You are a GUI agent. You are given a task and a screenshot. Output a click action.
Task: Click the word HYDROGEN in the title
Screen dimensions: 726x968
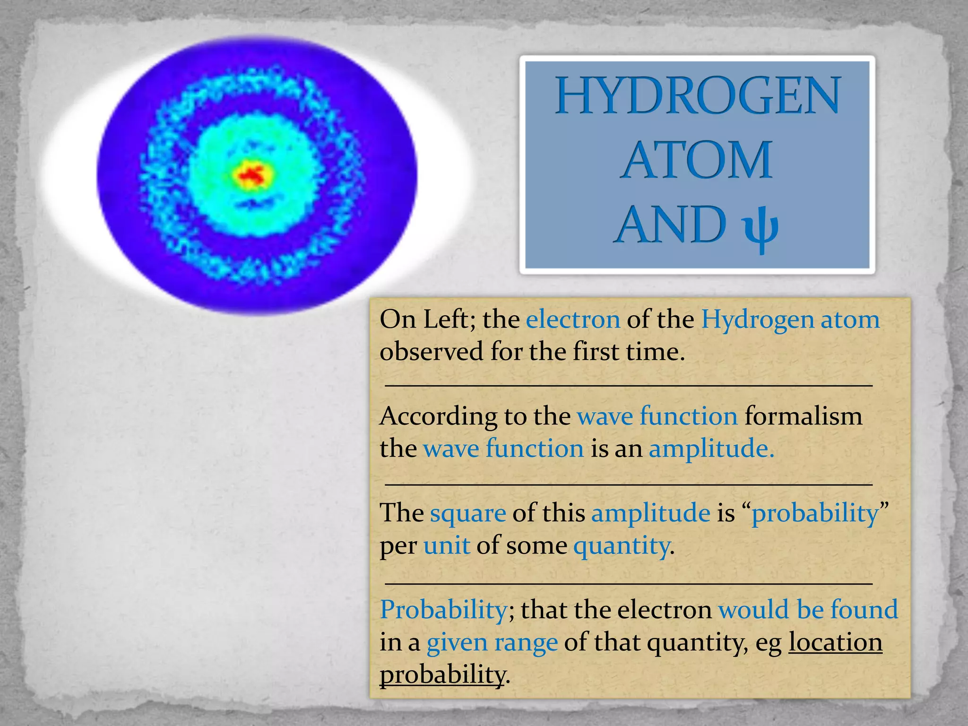pyautogui.click(x=697, y=96)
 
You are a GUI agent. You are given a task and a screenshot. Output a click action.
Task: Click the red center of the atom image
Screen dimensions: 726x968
pyautogui.click(x=253, y=175)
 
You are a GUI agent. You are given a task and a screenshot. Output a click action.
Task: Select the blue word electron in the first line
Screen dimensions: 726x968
pyautogui.click(x=573, y=320)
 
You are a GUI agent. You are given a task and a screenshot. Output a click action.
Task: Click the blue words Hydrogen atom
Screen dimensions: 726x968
pyautogui.click(x=790, y=320)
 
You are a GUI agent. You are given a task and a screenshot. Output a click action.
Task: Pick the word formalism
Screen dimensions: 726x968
pyautogui.click(x=804, y=417)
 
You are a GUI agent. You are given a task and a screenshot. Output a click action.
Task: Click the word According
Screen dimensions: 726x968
pyautogui.click(x=438, y=417)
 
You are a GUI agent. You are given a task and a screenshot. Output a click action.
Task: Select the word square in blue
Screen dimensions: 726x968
pyautogui.click(x=467, y=513)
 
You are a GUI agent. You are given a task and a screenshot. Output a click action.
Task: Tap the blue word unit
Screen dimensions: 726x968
pyautogui.click(x=447, y=546)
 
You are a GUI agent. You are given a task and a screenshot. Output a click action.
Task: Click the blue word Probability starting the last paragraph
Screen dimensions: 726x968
pyautogui.click(x=444, y=610)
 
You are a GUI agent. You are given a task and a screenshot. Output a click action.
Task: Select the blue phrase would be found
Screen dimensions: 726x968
pyautogui.click(x=808, y=610)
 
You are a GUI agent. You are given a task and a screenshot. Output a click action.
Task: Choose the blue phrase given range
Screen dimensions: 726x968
pyautogui.click(x=492, y=643)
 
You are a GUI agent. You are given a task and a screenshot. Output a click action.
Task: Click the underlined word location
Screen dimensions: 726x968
pyautogui.click(x=835, y=643)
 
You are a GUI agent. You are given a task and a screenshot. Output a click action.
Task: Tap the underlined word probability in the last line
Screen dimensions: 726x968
pyautogui.click(x=442, y=675)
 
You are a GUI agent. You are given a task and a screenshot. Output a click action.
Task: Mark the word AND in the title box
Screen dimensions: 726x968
pyautogui.click(x=671, y=225)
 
